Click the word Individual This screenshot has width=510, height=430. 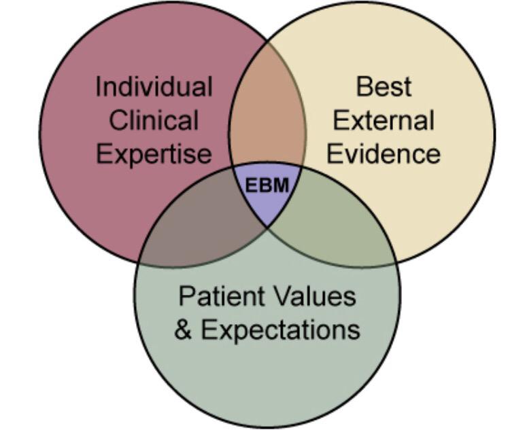point(154,87)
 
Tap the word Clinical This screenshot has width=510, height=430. point(154,121)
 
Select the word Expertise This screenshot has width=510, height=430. point(154,154)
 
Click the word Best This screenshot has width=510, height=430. point(384,87)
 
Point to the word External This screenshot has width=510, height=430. point(384,121)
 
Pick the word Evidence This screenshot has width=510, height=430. point(384,154)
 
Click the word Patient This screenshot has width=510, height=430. point(214,297)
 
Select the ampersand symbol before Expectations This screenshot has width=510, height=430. point(183,330)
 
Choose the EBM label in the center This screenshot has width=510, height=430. point(267,185)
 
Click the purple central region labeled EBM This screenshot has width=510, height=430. point(267,204)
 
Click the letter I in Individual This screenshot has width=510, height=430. point(99,87)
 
